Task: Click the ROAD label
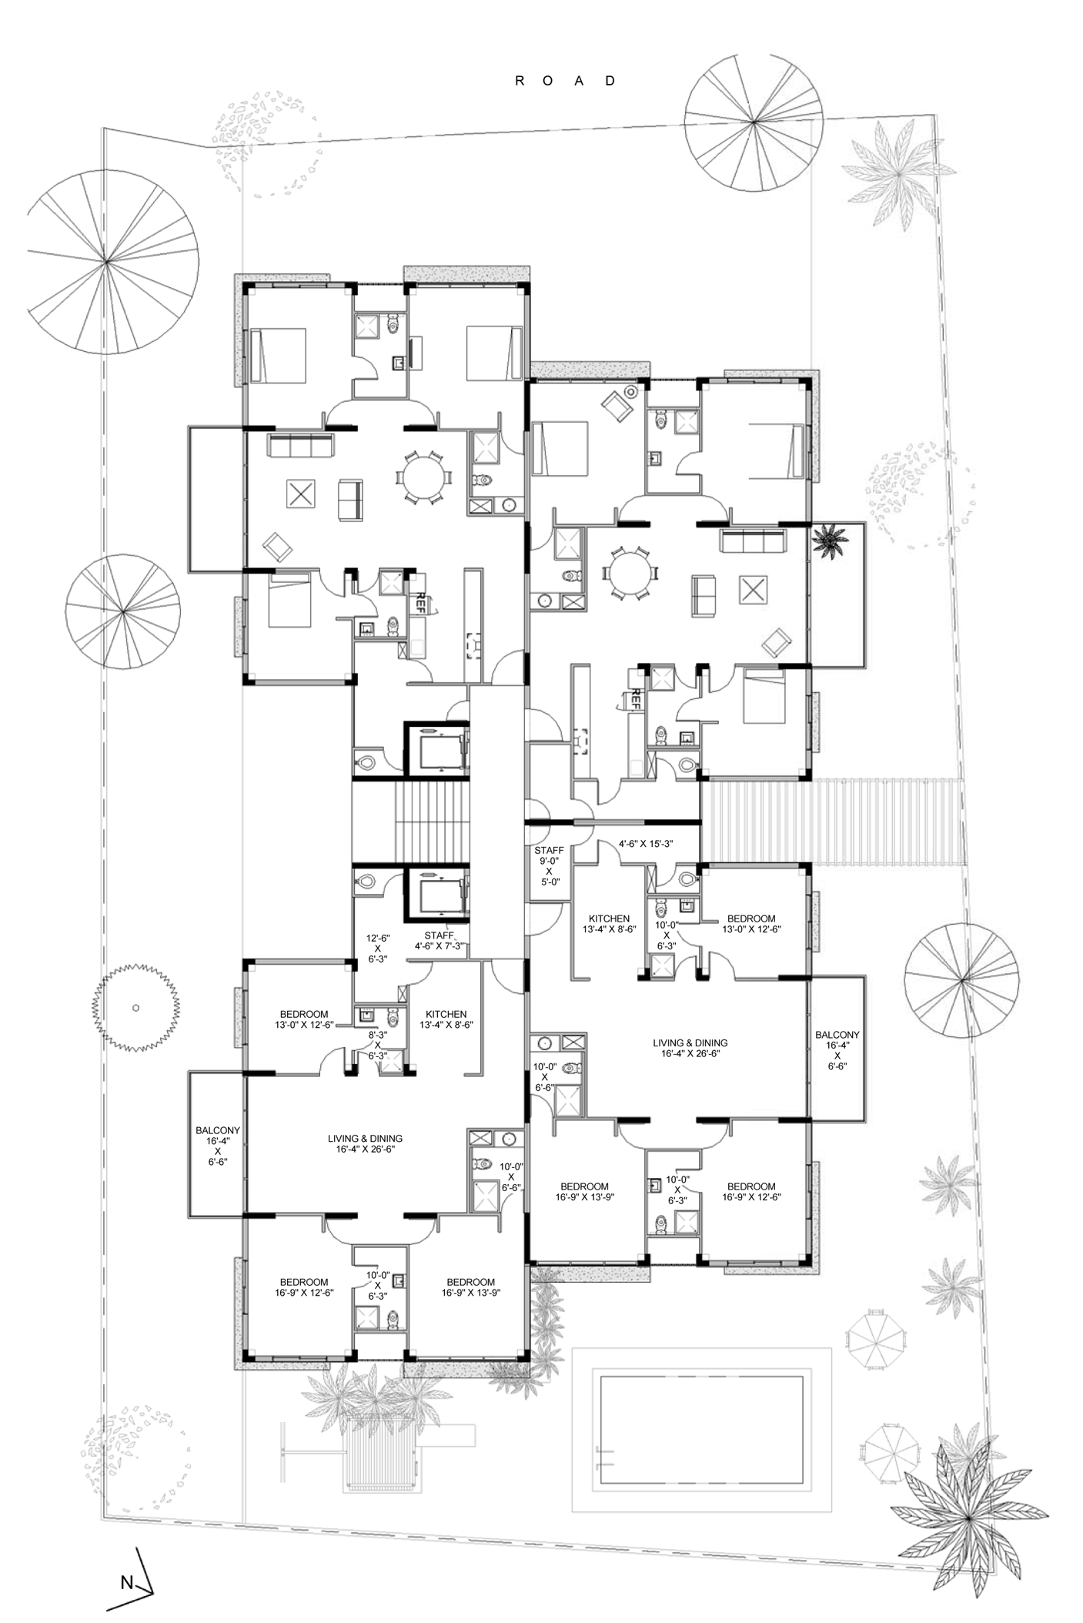pyautogui.click(x=566, y=81)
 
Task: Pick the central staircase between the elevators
pyautogui.click(x=430, y=822)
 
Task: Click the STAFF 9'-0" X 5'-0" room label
pyautogui.click(x=549, y=866)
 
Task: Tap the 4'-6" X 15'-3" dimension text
pyautogui.click(x=646, y=844)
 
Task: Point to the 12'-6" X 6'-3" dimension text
pyautogui.click(x=378, y=949)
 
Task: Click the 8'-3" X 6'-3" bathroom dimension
pyautogui.click(x=377, y=1045)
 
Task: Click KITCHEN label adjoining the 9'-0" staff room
pyautogui.click(x=609, y=924)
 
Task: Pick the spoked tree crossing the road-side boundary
pyautogui.click(x=754, y=123)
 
